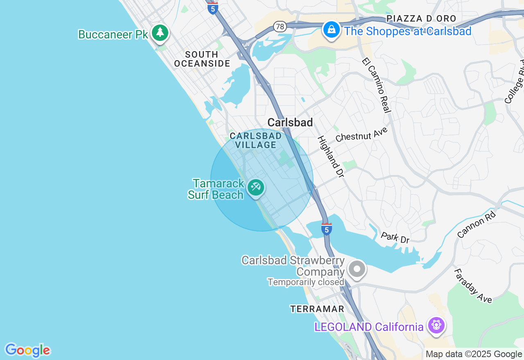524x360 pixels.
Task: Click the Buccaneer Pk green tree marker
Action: click(160, 33)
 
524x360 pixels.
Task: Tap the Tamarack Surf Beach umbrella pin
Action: click(256, 188)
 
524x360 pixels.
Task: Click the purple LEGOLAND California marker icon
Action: click(436, 325)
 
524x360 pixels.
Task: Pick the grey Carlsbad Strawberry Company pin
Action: click(357, 269)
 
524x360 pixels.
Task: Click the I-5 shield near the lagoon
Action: click(326, 229)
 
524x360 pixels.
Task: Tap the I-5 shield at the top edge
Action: click(212, 8)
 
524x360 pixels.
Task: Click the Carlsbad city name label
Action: click(290, 122)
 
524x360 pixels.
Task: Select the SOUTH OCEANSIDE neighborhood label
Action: click(202, 59)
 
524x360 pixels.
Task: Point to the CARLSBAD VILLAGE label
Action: click(256, 140)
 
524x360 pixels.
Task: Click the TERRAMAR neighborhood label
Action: click(317, 309)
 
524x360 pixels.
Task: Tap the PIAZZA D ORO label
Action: click(421, 18)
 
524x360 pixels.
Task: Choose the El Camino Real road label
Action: click(377, 85)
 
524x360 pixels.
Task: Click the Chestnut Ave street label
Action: click(361, 134)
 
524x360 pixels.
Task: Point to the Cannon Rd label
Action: click(477, 225)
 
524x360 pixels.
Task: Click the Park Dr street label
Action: click(395, 238)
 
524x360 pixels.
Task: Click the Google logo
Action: click(27, 350)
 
